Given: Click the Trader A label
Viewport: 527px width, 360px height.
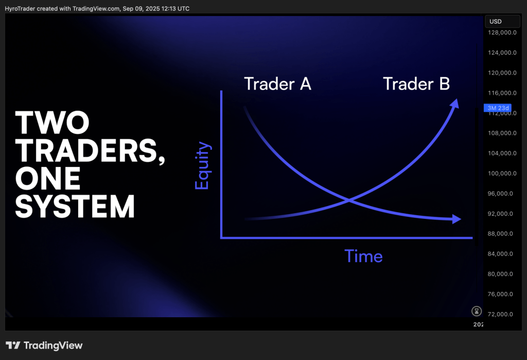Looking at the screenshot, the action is tap(277, 84).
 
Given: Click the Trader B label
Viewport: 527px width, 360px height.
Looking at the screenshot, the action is tap(416, 84).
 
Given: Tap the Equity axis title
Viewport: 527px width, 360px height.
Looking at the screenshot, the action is tap(203, 165).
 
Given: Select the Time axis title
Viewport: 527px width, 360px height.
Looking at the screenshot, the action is tap(364, 256).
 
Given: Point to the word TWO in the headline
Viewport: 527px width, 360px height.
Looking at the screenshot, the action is tap(52, 123).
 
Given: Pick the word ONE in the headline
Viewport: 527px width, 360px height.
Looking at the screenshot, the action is tap(48, 178).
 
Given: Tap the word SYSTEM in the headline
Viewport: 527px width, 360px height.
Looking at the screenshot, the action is tap(75, 206).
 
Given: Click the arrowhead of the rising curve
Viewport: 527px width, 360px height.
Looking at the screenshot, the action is tap(455, 104).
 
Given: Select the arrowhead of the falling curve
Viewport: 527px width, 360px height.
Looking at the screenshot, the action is tap(457, 219).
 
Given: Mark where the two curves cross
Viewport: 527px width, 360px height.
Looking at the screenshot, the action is tap(349, 200).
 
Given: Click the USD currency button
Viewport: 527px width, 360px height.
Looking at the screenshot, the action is tap(502, 21).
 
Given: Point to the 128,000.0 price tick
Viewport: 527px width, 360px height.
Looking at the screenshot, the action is tap(502, 32).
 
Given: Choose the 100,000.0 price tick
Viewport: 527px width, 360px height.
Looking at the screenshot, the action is tap(502, 173).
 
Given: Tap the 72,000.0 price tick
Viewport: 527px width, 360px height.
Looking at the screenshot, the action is tap(500, 314).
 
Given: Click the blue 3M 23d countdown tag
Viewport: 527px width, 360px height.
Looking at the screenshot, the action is tap(498, 108).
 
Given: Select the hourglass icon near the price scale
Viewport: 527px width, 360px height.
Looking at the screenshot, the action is tap(477, 311).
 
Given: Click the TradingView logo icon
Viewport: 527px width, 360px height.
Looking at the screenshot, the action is tap(13, 345).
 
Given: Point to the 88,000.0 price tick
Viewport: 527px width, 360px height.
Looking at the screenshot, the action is tap(500, 233).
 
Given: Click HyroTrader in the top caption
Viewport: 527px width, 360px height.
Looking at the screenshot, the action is tap(20, 9).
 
